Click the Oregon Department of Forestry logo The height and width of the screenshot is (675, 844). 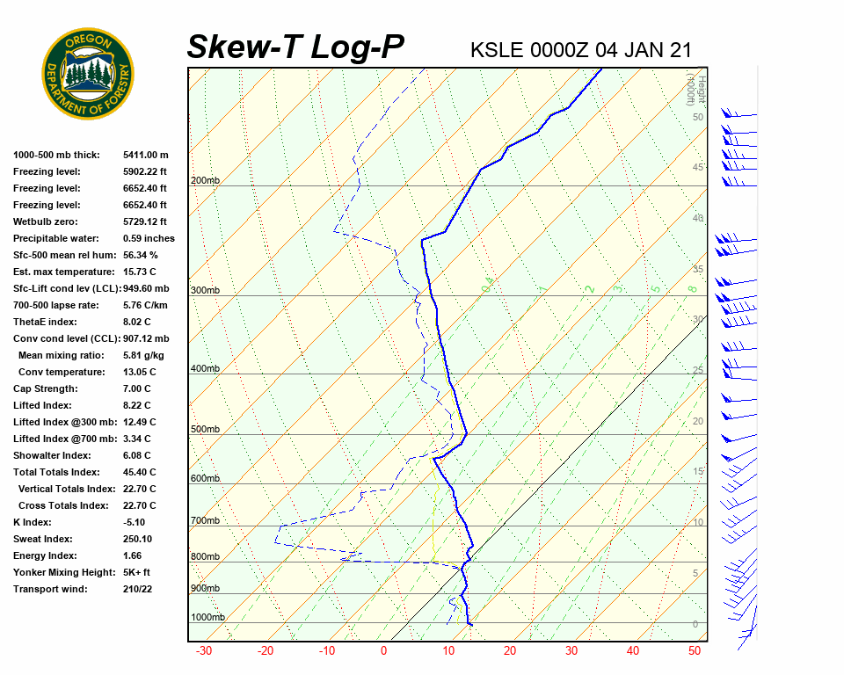tap(88, 73)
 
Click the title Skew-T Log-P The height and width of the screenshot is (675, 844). tap(296, 47)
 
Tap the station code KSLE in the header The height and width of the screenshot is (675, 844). tap(498, 50)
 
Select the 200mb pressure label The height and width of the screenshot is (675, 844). tap(205, 180)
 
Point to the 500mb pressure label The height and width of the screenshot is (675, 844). tap(205, 429)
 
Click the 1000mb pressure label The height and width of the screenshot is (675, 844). tap(207, 617)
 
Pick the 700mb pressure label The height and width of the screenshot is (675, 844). tap(205, 520)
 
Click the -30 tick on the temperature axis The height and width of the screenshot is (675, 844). tap(204, 650)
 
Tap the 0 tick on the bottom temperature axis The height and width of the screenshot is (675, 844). tap(383, 650)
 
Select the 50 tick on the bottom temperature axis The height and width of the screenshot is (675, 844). tap(694, 650)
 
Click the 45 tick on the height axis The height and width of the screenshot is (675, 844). tap(698, 167)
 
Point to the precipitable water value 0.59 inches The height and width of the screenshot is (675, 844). tap(149, 238)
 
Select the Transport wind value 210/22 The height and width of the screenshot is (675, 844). tap(138, 589)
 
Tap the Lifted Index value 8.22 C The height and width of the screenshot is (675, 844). tap(136, 405)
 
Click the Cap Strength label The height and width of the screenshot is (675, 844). tap(46, 388)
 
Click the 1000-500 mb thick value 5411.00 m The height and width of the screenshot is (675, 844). tap(145, 155)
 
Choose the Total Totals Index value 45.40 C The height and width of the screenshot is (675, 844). tap(139, 472)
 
